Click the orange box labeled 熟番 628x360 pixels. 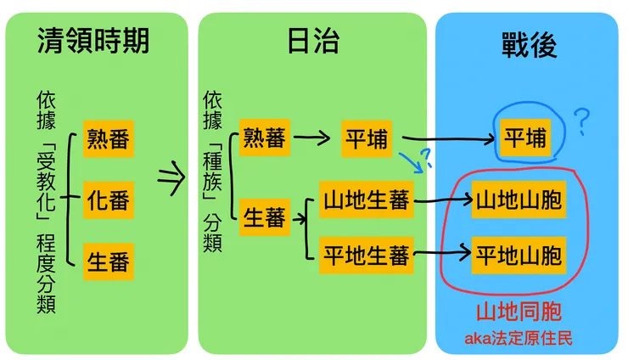pos(109,140)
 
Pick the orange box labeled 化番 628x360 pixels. pos(109,200)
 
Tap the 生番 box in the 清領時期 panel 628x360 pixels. pos(109,261)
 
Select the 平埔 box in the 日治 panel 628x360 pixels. pos(366,138)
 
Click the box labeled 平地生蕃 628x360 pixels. pos(367,253)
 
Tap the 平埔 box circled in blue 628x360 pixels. pos(524,138)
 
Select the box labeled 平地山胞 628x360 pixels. pos(518,253)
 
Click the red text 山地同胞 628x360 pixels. pos(518,312)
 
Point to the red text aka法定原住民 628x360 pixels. pos(518,338)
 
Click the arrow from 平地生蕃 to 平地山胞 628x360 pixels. pos(441,252)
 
